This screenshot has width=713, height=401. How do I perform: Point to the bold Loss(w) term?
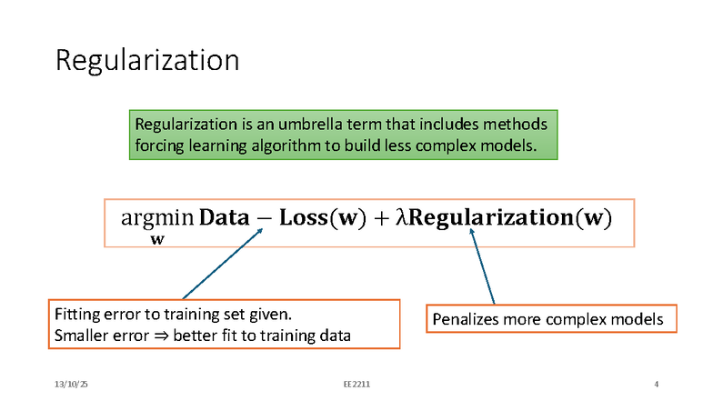click(322, 218)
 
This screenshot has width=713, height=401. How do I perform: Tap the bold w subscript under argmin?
click(157, 240)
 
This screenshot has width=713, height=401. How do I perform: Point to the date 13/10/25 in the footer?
click(71, 385)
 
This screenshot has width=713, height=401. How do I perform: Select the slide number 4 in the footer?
click(656, 385)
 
